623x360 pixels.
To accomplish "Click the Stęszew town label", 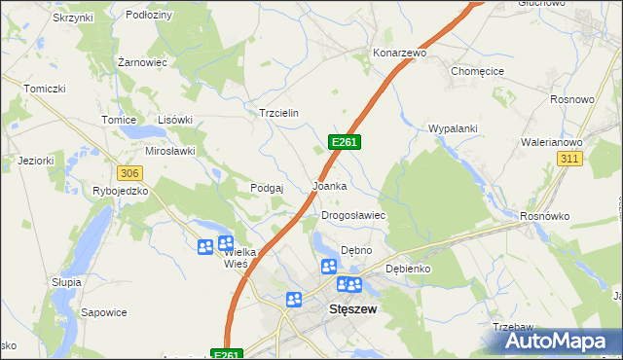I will click(353, 308).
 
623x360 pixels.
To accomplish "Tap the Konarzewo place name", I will click(400, 53).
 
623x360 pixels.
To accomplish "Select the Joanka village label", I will click(329, 185).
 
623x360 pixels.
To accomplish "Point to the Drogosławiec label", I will click(354, 215).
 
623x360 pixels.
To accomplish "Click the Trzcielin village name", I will click(277, 113).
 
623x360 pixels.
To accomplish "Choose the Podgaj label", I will click(266, 188).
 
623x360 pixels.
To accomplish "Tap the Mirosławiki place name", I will click(170, 151).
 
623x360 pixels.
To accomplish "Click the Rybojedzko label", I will click(120, 191).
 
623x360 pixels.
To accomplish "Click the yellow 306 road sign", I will click(129, 172).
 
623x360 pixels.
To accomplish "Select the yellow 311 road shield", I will click(569, 158).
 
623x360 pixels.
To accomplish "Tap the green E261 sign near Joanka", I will click(346, 142).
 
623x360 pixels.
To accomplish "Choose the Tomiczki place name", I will click(45, 88).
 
